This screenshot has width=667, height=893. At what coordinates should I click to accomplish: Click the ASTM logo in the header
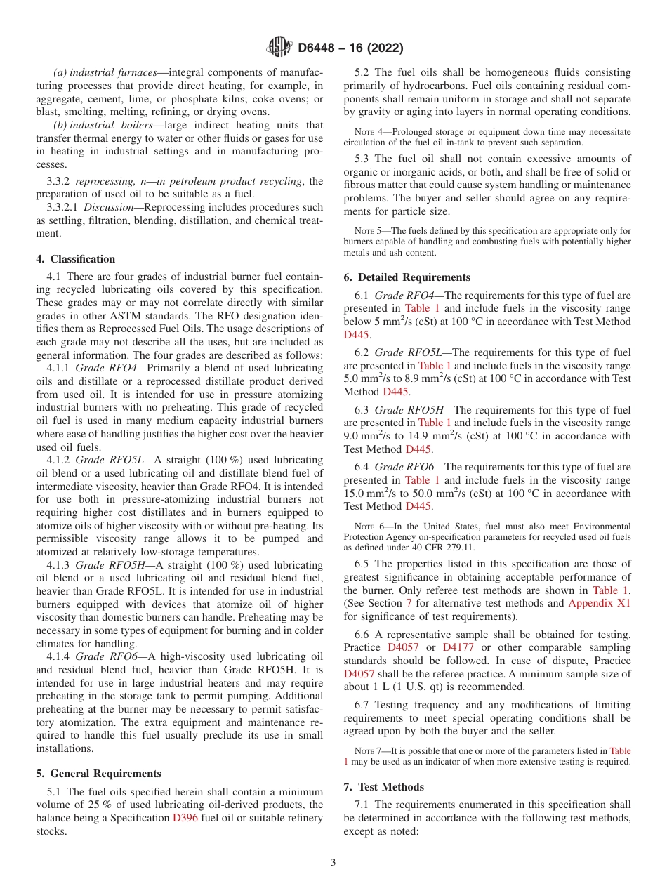pyautogui.click(x=280, y=48)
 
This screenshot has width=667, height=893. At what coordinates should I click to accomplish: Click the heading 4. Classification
pyautogui.click(x=75, y=259)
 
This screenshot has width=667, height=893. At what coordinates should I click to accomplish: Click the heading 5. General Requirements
pyautogui.click(x=99, y=774)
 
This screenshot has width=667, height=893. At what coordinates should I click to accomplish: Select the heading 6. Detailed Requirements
pyautogui.click(x=407, y=277)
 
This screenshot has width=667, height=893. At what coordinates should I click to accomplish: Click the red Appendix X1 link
pyautogui.click(x=599, y=602)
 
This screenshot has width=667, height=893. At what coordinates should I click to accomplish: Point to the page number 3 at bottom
pyautogui.click(x=333, y=863)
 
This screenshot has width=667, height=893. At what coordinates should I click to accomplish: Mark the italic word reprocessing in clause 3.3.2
pyautogui.click(x=103, y=181)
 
